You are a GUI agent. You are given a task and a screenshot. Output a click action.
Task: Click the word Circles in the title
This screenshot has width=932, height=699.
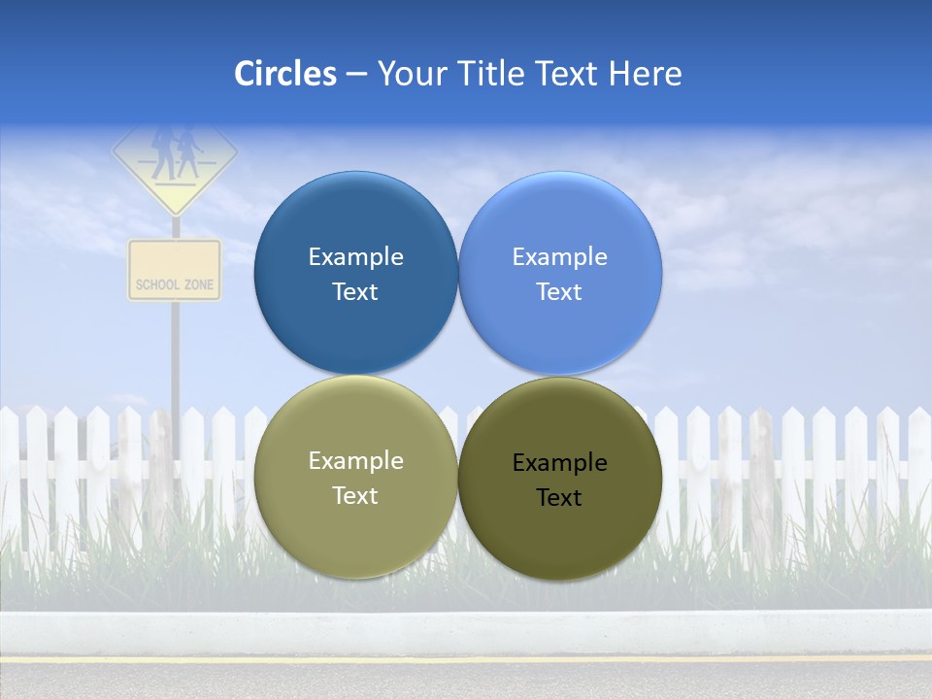click(x=285, y=74)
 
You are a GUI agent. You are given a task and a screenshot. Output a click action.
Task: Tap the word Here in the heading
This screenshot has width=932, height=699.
click(x=645, y=74)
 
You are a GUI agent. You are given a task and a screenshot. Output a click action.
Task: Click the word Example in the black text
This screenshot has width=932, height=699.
click(x=559, y=463)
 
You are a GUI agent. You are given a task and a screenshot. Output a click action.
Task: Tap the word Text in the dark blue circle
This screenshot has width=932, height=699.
click(x=355, y=292)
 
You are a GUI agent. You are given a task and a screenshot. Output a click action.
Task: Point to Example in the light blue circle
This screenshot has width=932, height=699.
click(x=559, y=257)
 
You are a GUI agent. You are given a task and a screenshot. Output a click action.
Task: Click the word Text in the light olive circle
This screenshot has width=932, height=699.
click(x=355, y=496)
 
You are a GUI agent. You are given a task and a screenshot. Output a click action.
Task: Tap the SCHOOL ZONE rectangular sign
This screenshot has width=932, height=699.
click(x=175, y=270)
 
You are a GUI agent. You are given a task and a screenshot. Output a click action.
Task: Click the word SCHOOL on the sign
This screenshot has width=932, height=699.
click(x=157, y=284)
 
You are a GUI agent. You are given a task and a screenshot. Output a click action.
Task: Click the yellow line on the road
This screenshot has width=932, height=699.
click(x=466, y=659)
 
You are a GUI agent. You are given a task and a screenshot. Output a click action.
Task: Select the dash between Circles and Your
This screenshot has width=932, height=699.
click(x=356, y=74)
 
